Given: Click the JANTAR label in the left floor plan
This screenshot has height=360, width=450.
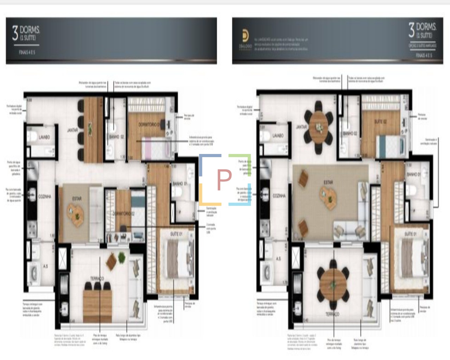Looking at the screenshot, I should click(72, 130).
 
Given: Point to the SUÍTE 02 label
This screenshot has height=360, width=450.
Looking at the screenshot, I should click(380, 122).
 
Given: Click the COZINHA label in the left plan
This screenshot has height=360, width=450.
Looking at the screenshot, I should click(45, 197).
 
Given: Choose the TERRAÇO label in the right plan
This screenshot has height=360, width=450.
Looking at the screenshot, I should click(332, 314).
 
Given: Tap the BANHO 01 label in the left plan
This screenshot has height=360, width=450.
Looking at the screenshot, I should click(180, 184).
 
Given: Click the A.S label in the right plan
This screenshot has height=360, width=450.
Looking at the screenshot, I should click(278, 259).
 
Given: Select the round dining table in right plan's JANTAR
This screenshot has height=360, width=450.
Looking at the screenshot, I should click(319, 127).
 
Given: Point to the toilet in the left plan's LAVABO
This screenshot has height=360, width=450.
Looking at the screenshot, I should click(33, 136).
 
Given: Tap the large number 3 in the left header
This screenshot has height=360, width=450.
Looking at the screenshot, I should click(15, 33).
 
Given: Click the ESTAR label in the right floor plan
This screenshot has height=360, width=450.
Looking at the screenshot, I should click(328, 182).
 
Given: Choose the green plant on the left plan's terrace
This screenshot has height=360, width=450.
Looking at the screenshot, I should click(122, 257).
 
